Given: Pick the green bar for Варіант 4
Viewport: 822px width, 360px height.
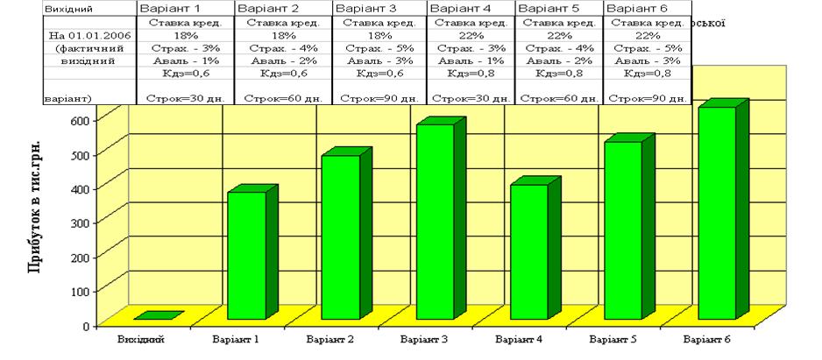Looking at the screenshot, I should (528, 251).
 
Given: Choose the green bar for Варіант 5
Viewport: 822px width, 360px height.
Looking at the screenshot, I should (623, 229).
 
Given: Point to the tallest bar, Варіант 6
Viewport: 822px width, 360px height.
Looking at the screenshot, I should (716, 212).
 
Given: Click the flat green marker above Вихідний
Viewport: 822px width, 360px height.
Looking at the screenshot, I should (159, 315).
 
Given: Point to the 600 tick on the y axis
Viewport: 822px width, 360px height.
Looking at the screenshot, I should (104, 118).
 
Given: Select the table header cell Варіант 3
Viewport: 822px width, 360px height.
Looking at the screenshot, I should (358, 7).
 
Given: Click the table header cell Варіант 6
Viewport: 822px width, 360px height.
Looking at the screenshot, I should (635, 7).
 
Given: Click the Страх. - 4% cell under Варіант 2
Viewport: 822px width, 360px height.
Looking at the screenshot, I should (281, 48).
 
